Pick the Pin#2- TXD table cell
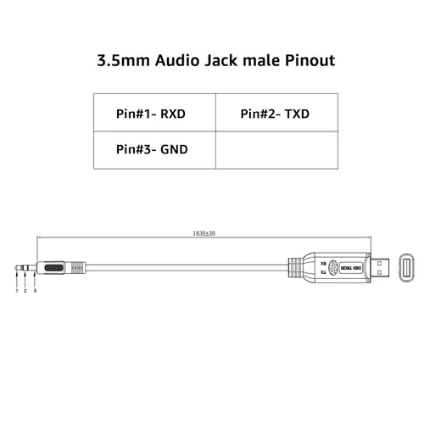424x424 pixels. coord(275,112)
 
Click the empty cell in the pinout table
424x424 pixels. coord(275,148)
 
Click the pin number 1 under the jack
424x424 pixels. coord(17,291)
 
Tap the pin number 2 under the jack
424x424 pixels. coord(25,291)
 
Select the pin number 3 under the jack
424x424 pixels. coord(35,291)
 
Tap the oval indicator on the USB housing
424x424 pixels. coord(332,268)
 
